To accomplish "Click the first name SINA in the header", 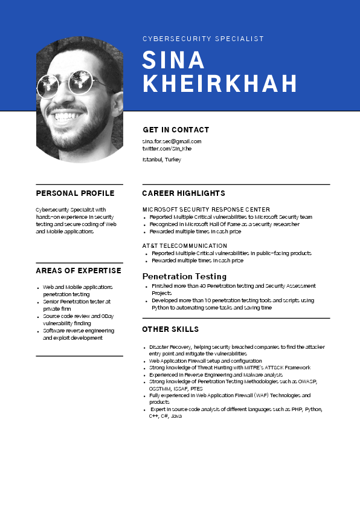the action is (x=174, y=60).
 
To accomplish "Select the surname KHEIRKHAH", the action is (x=220, y=83).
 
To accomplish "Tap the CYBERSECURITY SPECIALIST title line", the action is (x=203, y=39).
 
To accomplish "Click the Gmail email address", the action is (x=172, y=141).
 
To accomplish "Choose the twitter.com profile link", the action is (x=167, y=148).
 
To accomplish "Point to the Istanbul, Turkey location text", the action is (x=161, y=160).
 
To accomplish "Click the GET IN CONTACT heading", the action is (x=176, y=129).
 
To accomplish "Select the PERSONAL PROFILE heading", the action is (x=75, y=193).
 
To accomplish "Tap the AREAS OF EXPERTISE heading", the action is (x=79, y=270).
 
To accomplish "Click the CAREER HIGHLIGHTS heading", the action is (x=184, y=193).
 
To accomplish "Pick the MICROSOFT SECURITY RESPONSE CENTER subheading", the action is (x=206, y=209).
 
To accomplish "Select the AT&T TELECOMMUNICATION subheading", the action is (x=185, y=245).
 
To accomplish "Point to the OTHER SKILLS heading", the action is (x=170, y=329).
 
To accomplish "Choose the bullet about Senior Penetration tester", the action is (x=77, y=304).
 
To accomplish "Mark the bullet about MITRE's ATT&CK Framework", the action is (x=230, y=368).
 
